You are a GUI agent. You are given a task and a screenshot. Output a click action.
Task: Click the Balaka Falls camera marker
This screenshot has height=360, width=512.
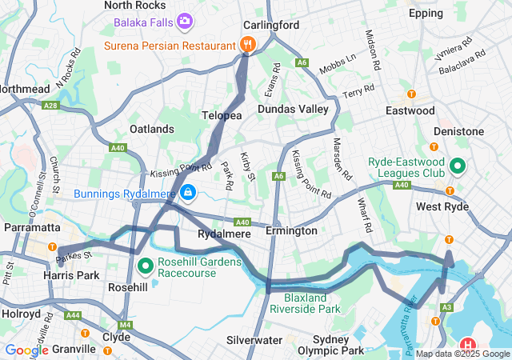[x=185, y=20]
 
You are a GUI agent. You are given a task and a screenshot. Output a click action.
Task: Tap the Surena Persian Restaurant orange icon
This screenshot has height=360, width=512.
[x=248, y=46]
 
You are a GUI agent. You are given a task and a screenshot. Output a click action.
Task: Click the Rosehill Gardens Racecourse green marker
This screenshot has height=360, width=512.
[x=145, y=265]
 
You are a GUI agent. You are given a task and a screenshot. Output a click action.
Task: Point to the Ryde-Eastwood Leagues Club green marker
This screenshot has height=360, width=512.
[x=458, y=166]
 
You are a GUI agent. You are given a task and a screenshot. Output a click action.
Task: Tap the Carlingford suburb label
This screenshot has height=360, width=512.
[x=272, y=25]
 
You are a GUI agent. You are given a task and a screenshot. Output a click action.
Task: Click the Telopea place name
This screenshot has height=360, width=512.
[x=222, y=115]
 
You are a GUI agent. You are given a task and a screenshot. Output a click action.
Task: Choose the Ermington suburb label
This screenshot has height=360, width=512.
[x=291, y=230]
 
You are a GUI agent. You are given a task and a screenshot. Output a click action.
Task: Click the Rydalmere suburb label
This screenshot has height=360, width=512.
[x=225, y=234]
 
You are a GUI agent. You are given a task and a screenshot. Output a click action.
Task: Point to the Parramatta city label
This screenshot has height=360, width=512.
[x=30, y=227]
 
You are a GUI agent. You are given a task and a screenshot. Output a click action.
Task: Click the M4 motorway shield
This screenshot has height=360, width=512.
[x=125, y=325]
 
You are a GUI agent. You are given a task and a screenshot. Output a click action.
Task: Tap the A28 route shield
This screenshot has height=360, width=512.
[x=50, y=105]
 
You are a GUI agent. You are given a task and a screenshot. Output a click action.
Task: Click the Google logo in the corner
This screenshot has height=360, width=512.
[x=26, y=350]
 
